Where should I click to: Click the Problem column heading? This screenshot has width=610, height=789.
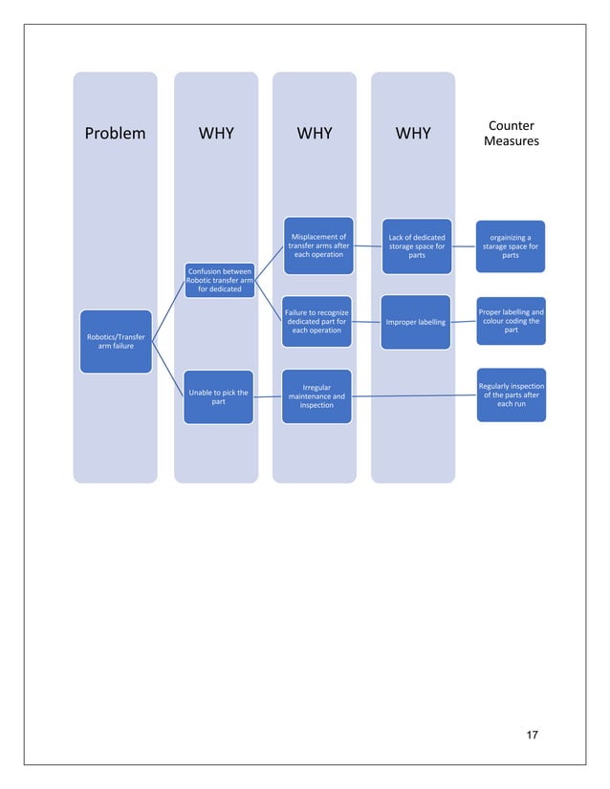point(115,133)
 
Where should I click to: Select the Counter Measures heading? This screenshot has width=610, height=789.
point(511,134)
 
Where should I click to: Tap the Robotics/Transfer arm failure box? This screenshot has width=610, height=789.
point(116,342)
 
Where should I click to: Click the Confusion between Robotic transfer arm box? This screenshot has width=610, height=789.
point(219,280)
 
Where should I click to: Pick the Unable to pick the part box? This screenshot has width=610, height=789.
point(218,397)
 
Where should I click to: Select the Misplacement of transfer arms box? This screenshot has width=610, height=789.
point(317,245)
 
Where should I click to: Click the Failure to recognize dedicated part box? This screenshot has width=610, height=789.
point(317,322)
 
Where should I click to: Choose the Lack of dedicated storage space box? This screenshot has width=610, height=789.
point(416,245)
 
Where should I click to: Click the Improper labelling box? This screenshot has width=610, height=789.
point(416,323)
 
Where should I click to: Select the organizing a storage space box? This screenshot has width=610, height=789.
point(511,245)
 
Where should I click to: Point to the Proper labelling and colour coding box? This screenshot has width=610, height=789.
point(511,321)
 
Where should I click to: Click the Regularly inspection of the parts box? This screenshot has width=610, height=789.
point(512,394)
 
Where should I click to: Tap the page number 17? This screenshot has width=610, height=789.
point(533,735)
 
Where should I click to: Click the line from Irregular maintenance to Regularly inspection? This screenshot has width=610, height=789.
point(411,396)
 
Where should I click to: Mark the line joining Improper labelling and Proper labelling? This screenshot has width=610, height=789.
point(464,322)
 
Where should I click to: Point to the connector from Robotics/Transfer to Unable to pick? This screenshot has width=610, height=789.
point(167,368)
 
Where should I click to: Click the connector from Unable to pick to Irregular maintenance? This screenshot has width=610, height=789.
point(268,397)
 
